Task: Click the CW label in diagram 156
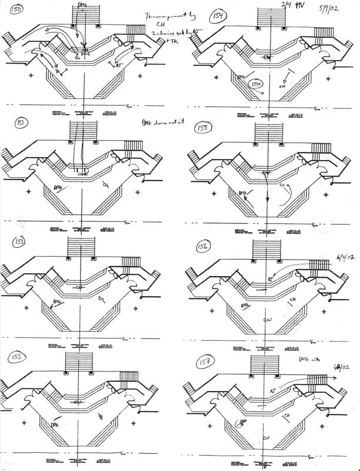(x=266, y=320)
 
